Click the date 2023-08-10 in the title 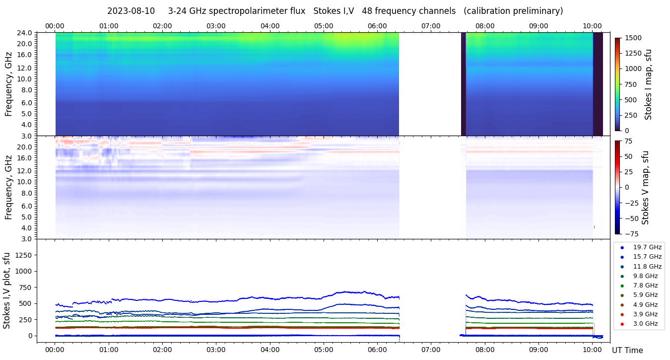(x=131, y=11)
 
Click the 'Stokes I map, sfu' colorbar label (x=648, y=84)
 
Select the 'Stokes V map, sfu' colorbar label (x=645, y=187)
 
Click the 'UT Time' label (x=627, y=351)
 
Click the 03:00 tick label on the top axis (x=216, y=26)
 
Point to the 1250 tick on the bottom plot (x=24, y=255)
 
